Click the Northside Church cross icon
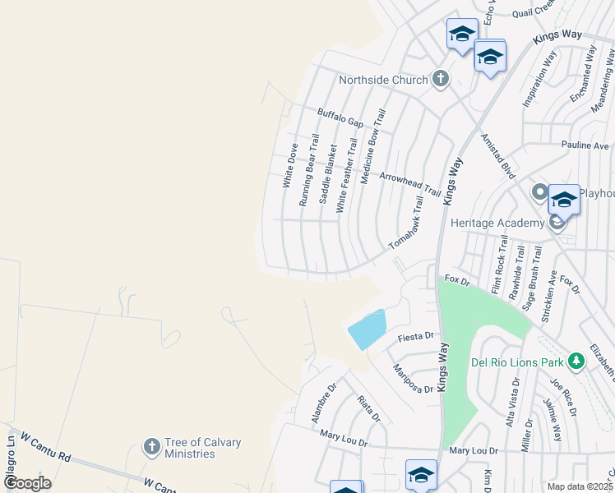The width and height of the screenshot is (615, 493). (x=441, y=80)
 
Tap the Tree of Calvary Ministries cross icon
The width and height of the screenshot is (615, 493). (x=151, y=447)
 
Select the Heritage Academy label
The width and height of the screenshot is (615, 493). (x=497, y=223)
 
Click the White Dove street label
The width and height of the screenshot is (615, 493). (x=289, y=166)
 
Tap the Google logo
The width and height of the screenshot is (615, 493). (x=27, y=483)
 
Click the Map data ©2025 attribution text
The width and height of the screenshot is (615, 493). (x=580, y=486)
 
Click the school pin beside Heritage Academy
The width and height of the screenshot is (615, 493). (x=564, y=199)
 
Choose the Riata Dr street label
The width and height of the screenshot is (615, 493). (x=368, y=409)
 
